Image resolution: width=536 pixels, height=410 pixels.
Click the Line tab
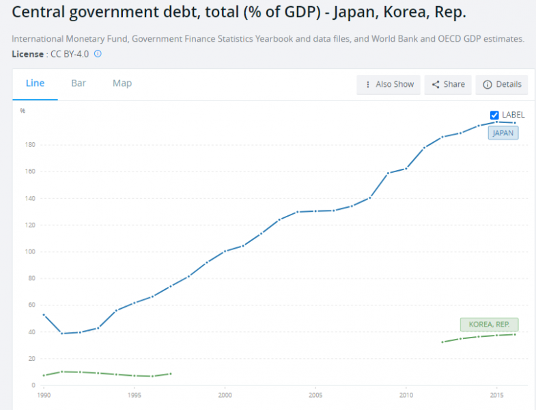pos(35,83)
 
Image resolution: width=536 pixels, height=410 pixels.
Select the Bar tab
pos(79,83)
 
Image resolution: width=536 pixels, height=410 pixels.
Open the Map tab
pos(122,83)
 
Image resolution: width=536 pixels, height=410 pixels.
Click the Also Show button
pos(389,84)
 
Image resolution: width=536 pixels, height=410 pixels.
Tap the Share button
pos(448,84)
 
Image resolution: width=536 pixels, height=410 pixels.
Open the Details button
pos(502,84)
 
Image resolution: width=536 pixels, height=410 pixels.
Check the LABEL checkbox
pos(495,115)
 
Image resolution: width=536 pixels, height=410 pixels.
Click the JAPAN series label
pos(503,133)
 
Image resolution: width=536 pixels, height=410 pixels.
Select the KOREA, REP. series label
pos(489,325)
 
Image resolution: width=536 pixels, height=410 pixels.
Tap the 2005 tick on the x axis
pos(315,396)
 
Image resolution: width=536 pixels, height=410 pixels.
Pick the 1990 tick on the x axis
pos(44,396)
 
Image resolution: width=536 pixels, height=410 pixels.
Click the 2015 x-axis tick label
pos(496,396)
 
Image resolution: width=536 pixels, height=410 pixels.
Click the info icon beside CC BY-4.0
pos(98,53)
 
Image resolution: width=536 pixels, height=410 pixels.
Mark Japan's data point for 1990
pos(44,314)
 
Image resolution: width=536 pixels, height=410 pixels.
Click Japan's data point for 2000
pos(225,251)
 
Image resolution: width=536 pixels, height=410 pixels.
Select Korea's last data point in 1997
pos(171,374)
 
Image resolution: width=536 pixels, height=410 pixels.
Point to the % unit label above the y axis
pos(23,111)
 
